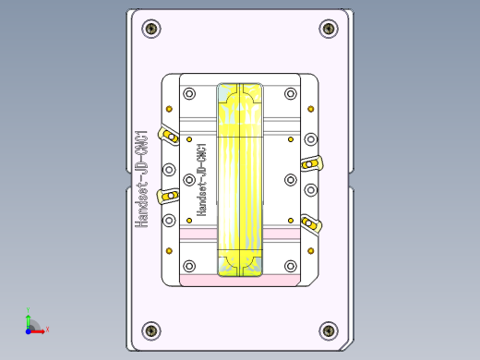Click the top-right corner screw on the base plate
coord(329,30)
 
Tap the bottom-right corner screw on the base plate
coord(329,330)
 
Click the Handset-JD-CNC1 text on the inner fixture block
coord(201,179)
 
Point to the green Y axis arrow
coord(29,318)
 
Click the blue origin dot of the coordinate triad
coord(29,329)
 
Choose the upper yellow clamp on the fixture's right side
coord(311,164)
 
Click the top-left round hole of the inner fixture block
coord(190,94)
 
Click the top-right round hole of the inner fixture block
coord(290,94)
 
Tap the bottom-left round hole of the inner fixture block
coord(190,268)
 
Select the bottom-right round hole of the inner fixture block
coord(290,268)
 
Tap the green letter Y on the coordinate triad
coord(29,310)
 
